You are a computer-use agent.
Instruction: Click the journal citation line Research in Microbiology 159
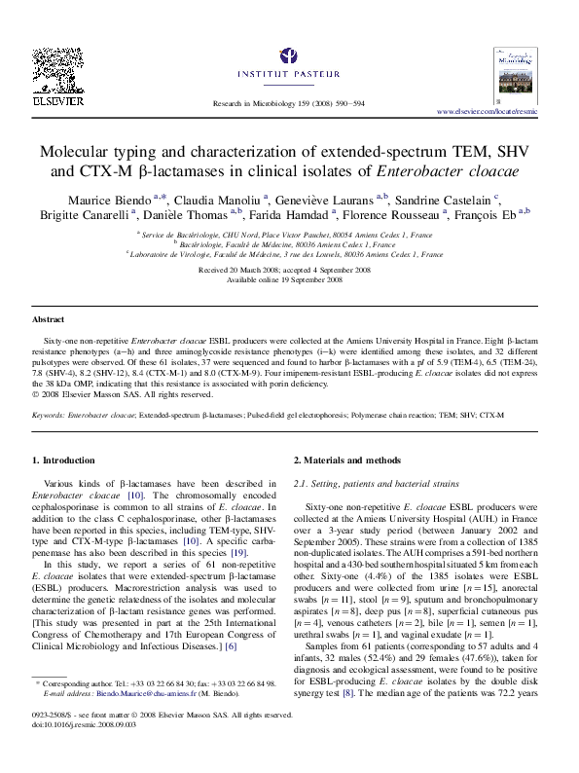click(289, 103)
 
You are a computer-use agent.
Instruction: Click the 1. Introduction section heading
click(64, 460)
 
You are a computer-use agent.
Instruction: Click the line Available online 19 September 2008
click(289, 278)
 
